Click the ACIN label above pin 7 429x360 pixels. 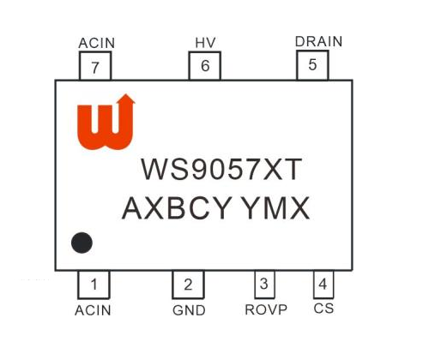click(97, 43)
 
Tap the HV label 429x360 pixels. click(205, 43)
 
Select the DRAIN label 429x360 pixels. click(318, 42)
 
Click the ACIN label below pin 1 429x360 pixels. click(93, 310)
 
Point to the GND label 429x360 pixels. click(189, 310)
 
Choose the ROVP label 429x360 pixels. click(266, 309)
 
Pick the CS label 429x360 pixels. click(323, 309)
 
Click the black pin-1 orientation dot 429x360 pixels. click(82, 243)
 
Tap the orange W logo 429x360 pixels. click(106, 122)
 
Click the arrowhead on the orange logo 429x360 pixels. click(126, 99)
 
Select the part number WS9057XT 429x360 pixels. click(221, 169)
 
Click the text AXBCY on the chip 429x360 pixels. click(177, 208)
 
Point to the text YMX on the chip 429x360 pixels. click(275, 208)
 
